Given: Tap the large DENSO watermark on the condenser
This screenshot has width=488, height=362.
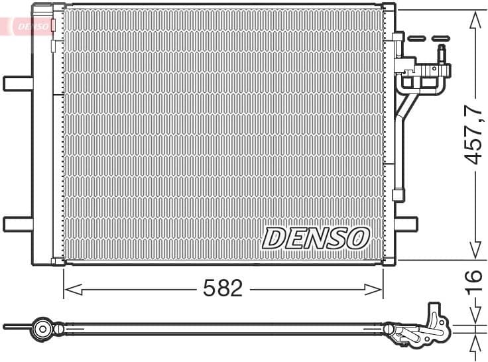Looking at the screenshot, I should coord(316,237).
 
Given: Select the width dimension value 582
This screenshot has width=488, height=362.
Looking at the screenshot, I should coord(223,288).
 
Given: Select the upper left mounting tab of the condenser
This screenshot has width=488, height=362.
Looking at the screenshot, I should coord(17,84).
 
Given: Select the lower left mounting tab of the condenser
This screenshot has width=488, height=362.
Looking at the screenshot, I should coord(17,224).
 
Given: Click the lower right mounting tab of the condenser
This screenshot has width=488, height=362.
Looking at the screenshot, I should coord(406,224).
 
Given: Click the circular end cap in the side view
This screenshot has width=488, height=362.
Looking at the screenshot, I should coord(43,328).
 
